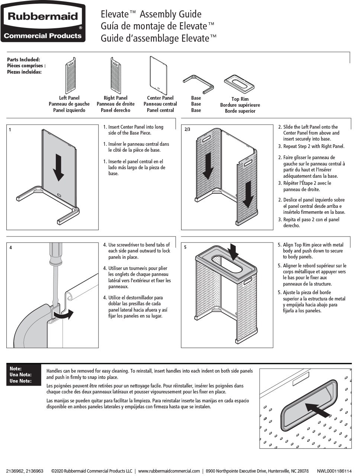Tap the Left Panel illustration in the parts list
pyautogui.click(x=71, y=75)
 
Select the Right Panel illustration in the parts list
pyautogui.click(x=116, y=75)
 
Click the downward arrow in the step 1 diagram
pyautogui.click(x=58, y=167)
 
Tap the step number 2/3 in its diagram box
pyautogui.click(x=187, y=129)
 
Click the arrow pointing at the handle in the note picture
pyautogui.click(x=318, y=410)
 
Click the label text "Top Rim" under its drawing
pyautogui.click(x=240, y=99)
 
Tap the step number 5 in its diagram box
pyautogui.click(x=185, y=247)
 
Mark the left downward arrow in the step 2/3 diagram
pyautogui.click(x=208, y=166)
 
